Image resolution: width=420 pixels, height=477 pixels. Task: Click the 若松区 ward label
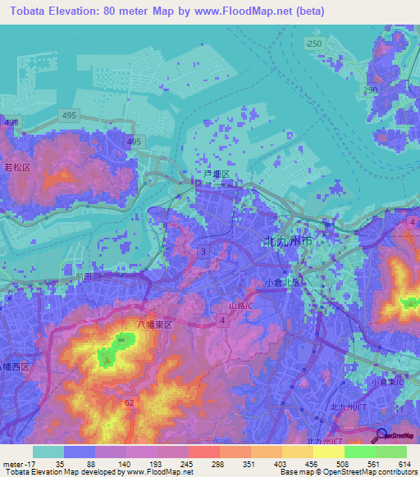(x=18, y=167)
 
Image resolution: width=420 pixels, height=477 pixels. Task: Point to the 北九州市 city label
(x=285, y=243)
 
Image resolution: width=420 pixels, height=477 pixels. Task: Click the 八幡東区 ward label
(x=154, y=325)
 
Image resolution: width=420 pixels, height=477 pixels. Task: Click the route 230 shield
(x=371, y=89)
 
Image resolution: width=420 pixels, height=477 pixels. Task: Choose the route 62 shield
(x=129, y=404)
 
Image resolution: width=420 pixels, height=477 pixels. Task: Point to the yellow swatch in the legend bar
(x=328, y=452)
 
